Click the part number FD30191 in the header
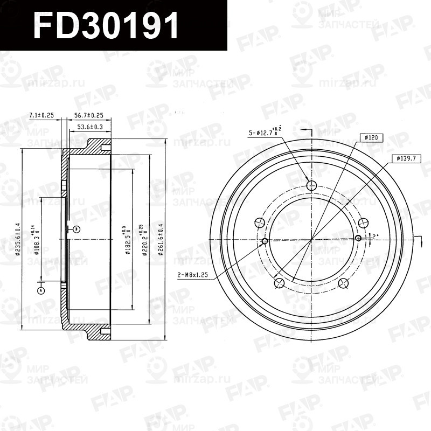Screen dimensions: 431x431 [x=106, y=26]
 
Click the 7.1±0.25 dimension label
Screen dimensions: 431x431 [x=43, y=115]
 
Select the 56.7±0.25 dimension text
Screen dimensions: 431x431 [x=88, y=115]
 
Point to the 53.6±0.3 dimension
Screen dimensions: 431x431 [x=90, y=127]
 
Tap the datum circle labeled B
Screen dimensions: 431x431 [x=77, y=229]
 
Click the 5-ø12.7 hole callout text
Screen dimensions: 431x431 [x=265, y=131]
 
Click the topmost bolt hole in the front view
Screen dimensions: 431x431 [x=311, y=185]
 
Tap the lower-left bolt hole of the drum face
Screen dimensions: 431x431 [x=279, y=282]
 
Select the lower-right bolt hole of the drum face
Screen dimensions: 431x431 [x=343, y=282]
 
